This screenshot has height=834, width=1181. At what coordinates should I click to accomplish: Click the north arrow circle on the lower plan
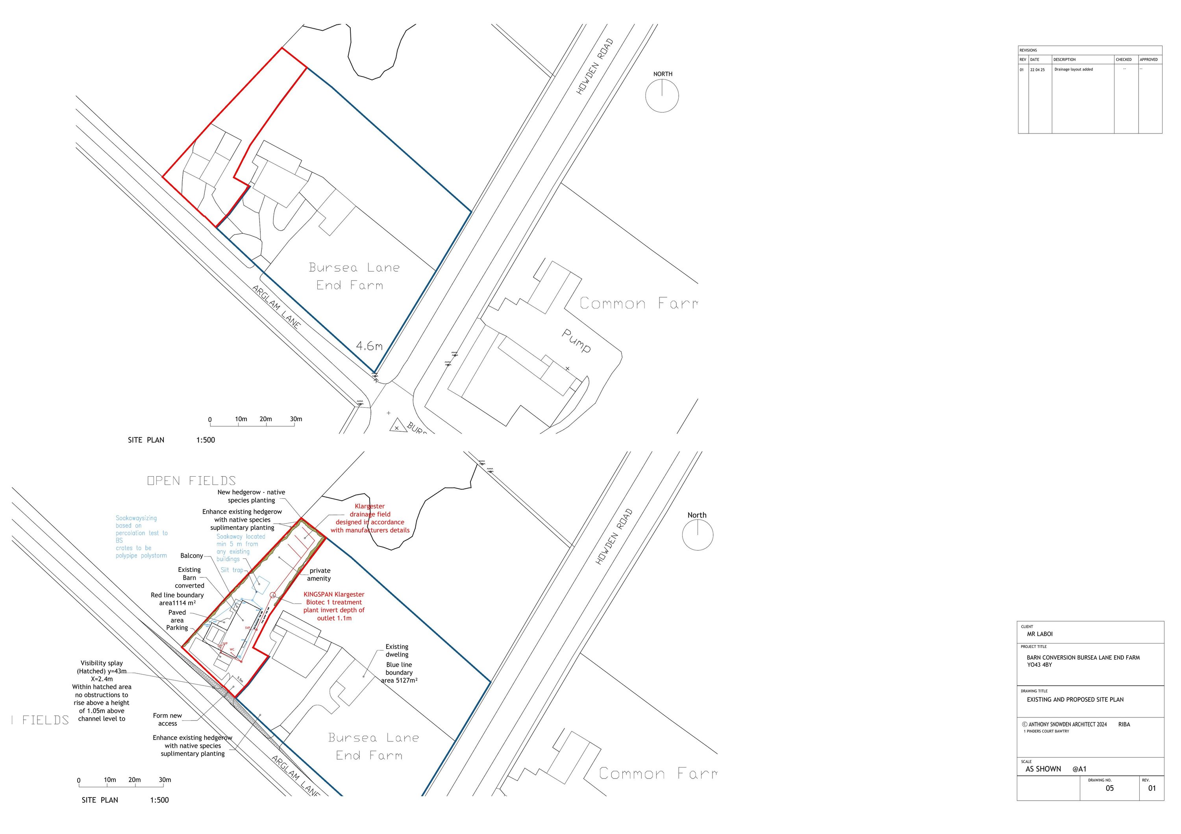[x=698, y=535]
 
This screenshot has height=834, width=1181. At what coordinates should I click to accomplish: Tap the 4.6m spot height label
[x=369, y=346]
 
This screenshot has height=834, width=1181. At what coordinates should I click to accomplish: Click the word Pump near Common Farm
[x=576, y=340]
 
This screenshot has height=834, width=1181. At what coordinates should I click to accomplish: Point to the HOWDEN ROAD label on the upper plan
[x=595, y=67]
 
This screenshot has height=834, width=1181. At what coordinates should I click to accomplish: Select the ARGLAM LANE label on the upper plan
[x=276, y=307]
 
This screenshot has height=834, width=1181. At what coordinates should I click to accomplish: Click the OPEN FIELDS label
[x=191, y=481]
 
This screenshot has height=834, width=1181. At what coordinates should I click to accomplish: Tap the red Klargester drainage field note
[x=370, y=518]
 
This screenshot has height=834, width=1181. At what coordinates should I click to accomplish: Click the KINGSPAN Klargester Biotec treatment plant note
[x=334, y=606]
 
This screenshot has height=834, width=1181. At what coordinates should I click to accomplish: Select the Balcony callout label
[x=191, y=556]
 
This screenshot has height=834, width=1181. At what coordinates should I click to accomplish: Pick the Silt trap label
[x=231, y=570]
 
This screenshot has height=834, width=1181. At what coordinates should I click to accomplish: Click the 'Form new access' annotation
[x=167, y=719]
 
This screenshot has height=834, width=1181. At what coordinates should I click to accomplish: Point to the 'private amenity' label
[x=319, y=574]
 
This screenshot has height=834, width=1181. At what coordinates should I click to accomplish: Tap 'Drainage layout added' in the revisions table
[x=1074, y=69]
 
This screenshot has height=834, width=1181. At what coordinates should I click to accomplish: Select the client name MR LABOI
[x=1040, y=634]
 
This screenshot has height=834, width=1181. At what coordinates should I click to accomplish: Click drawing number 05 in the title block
[x=1109, y=788]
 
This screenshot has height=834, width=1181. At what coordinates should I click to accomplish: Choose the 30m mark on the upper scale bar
[x=296, y=419]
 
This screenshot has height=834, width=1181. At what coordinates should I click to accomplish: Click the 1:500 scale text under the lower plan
[x=159, y=800]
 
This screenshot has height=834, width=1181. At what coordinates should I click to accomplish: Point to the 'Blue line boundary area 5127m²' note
[x=399, y=673]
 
